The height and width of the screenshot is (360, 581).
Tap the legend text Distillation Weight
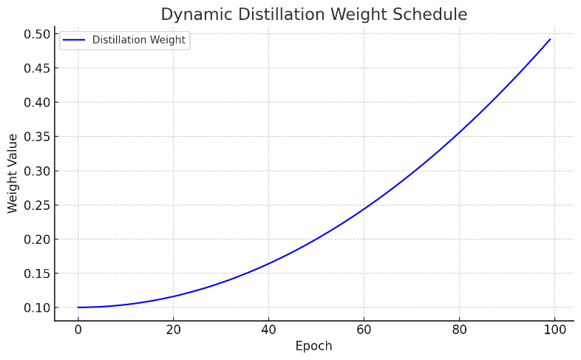[x=138, y=40]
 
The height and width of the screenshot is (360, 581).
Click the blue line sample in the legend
[x=75, y=40]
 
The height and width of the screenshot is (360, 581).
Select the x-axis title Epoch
[x=313, y=346]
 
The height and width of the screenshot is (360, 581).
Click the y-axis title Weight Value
[x=13, y=174]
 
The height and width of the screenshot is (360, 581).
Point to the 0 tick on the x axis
[x=78, y=329]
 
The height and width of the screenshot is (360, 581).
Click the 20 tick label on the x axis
[x=173, y=329]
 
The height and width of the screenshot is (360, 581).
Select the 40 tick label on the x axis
[x=268, y=329]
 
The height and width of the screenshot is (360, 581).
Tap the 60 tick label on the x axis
[x=364, y=329]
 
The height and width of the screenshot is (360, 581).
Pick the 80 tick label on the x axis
[x=459, y=329]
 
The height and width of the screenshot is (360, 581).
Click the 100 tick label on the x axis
[x=554, y=329]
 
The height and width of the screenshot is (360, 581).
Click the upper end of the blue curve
[x=550, y=39]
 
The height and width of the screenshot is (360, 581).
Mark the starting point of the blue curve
[x=78, y=308]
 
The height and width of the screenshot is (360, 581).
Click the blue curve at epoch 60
[x=364, y=209]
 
